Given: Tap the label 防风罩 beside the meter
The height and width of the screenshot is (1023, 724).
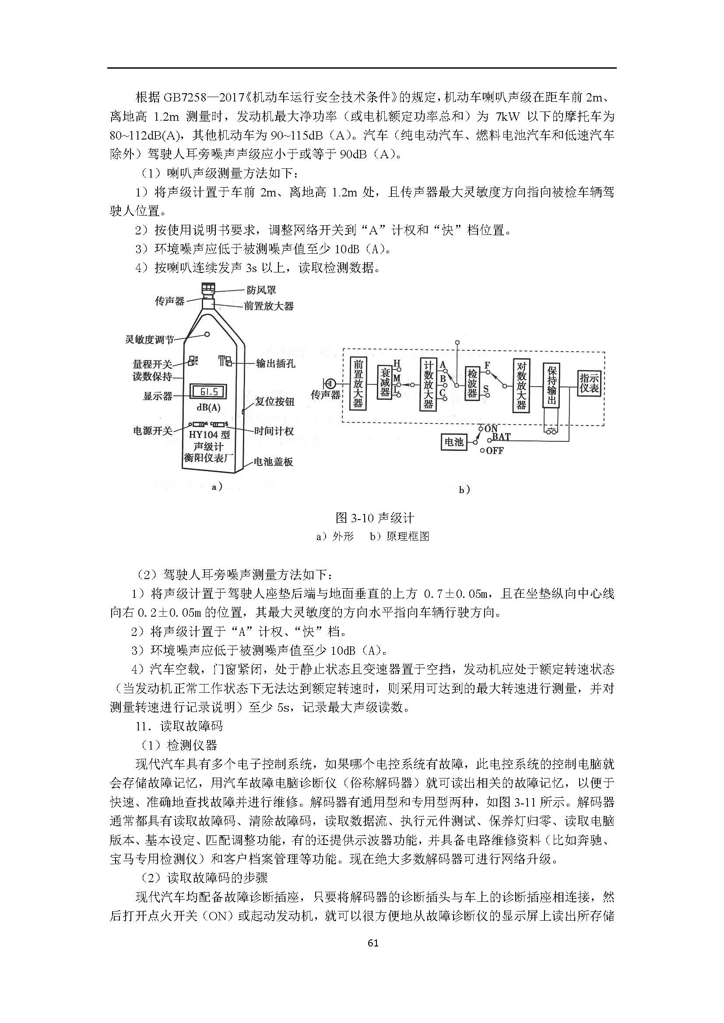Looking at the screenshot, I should coord(262,290).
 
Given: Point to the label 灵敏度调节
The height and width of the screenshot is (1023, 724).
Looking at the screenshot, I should coord(149,340).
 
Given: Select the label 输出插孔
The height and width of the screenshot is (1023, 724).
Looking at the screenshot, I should coord(275,363).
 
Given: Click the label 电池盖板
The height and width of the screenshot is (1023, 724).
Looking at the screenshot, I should coord(273,461).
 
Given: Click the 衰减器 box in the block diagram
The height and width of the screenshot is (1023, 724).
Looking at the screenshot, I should coord(385,382).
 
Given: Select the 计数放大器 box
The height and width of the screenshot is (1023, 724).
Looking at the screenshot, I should coord(428,384).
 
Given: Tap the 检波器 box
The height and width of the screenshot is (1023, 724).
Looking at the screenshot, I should coord(472,383).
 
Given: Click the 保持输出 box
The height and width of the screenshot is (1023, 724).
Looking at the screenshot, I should coord(552,385).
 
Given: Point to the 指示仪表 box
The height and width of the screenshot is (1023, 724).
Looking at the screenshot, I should coord(589,384).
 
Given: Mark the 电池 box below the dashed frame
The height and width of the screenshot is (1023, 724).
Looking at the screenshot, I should coord(454,442).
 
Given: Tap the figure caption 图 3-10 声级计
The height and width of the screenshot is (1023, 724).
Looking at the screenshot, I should coord(375,518).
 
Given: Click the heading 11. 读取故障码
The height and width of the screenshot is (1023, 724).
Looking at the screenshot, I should coord(179,727).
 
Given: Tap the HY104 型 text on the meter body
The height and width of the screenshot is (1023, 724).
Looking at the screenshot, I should coord(210,434).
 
